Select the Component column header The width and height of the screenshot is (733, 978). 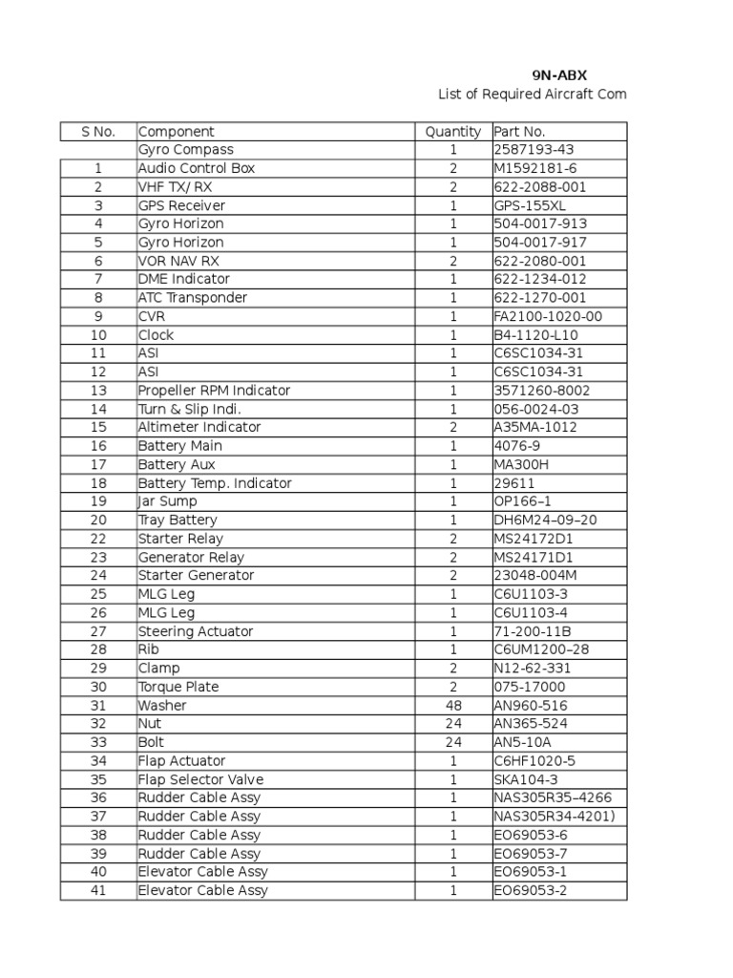click(x=177, y=132)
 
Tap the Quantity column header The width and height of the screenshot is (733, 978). click(x=453, y=132)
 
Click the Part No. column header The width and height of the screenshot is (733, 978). click(x=519, y=132)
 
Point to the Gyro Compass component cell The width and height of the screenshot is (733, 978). click(x=186, y=150)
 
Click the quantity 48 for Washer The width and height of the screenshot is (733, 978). click(x=453, y=706)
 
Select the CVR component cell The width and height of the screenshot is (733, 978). click(x=152, y=316)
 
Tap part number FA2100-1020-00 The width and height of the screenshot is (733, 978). click(x=548, y=316)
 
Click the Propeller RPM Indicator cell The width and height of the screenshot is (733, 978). click(x=214, y=391)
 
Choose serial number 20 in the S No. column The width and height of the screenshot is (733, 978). click(x=98, y=521)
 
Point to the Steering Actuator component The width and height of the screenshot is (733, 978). click(x=196, y=631)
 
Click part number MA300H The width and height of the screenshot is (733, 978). click(x=521, y=464)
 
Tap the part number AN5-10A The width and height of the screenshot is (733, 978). click(x=522, y=742)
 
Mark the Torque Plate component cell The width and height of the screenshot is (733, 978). click(x=178, y=687)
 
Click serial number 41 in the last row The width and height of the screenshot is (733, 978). click(x=98, y=891)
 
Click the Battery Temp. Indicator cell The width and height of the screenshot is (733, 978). click(x=215, y=483)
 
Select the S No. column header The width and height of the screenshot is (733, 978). click(x=98, y=132)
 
